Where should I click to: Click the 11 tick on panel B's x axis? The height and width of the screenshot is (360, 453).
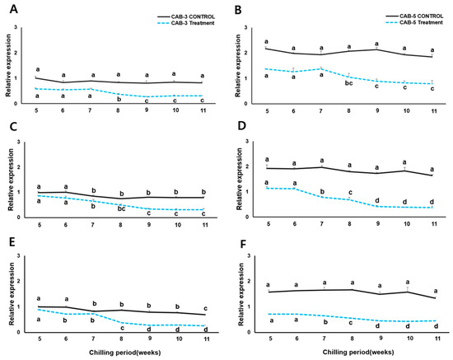tap(433, 110)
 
